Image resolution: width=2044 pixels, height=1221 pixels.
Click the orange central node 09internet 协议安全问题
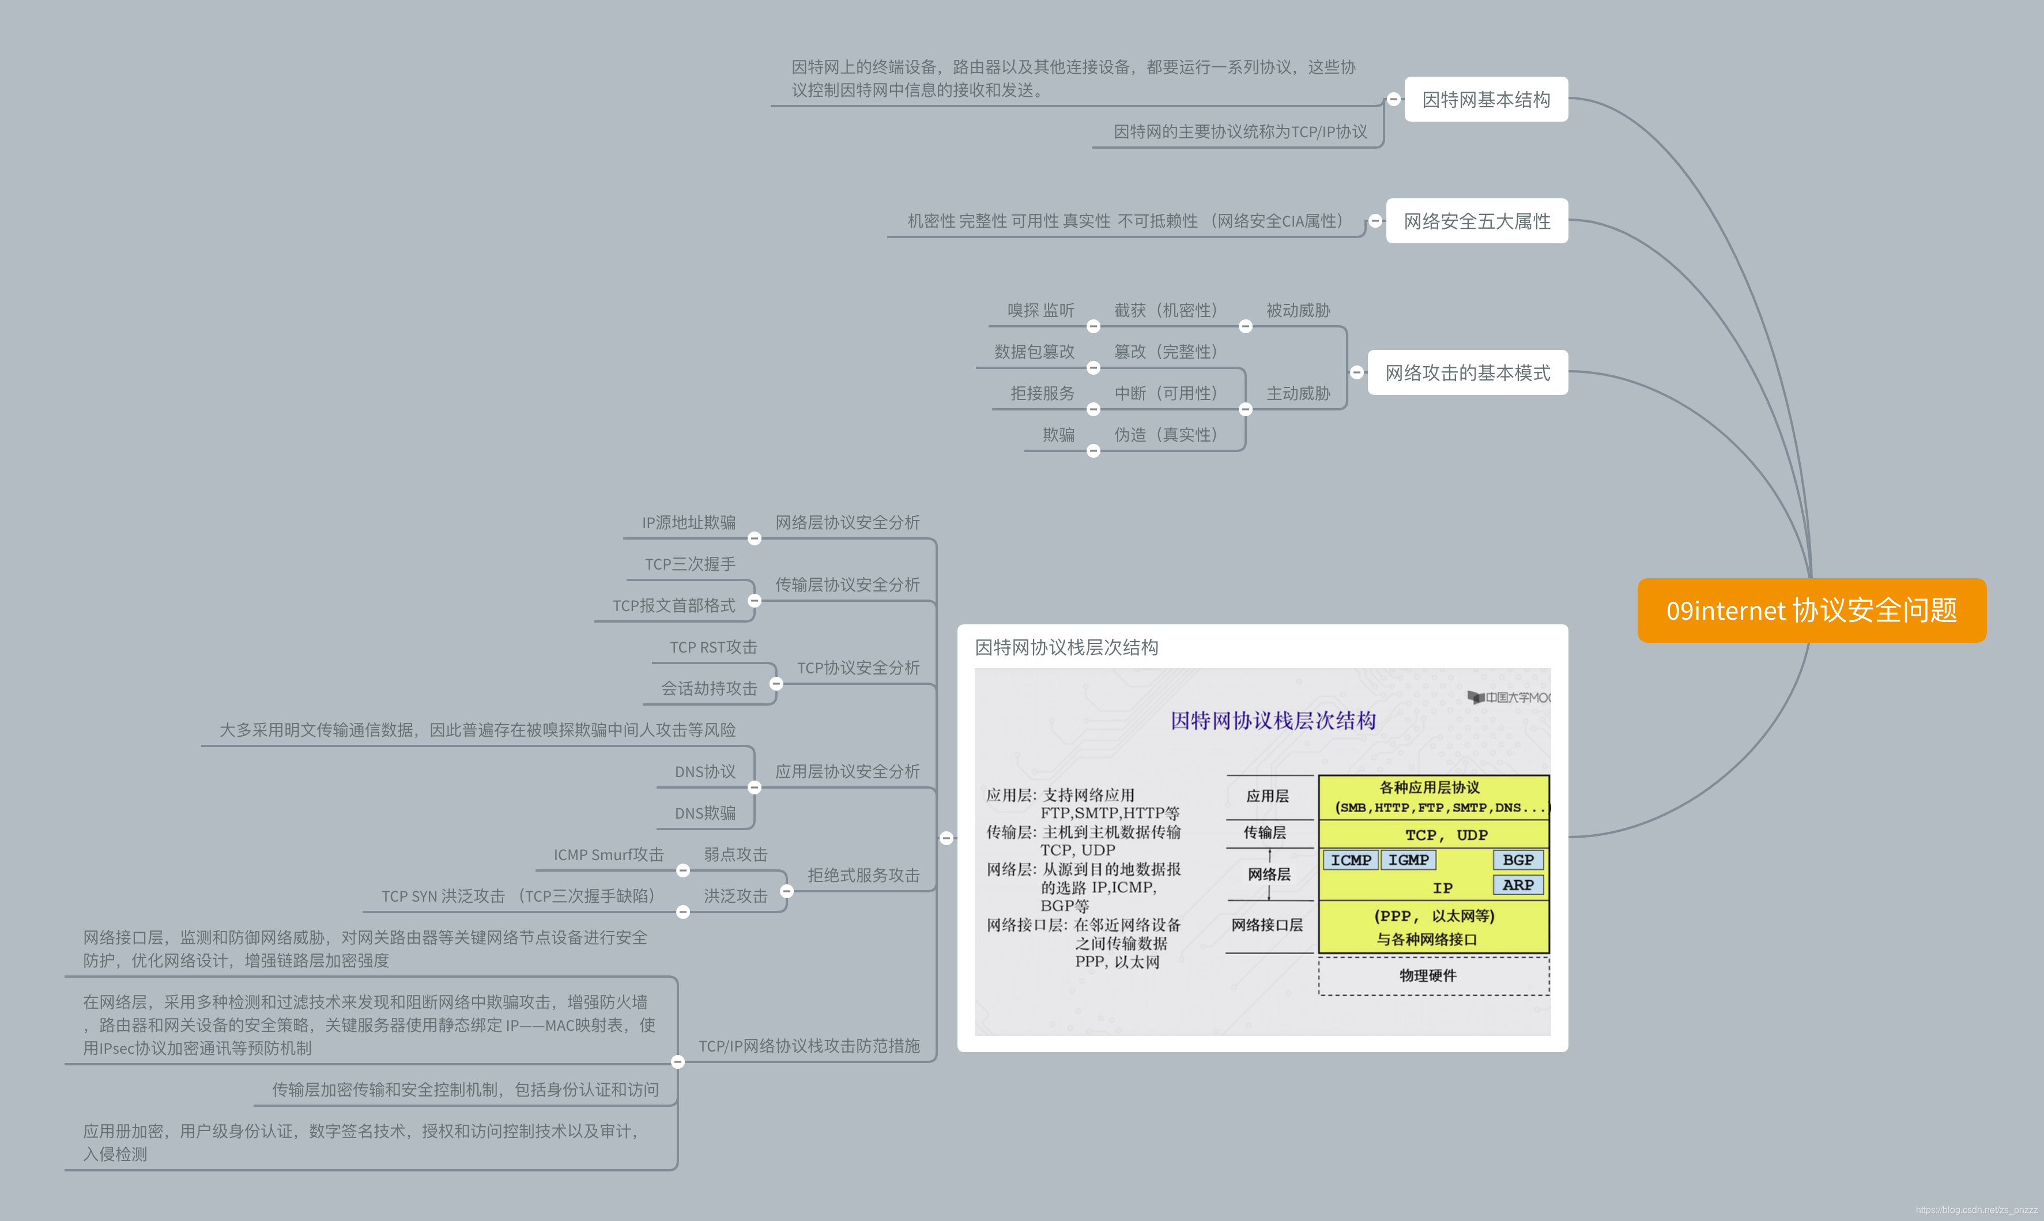[1811, 610]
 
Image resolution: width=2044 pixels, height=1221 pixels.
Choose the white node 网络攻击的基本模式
[1468, 373]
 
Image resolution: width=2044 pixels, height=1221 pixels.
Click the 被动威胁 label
[1298, 310]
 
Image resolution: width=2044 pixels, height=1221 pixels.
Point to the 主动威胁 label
[1298, 393]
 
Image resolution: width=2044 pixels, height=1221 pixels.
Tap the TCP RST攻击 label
[713, 647]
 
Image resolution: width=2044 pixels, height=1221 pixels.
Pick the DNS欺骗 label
[705, 813]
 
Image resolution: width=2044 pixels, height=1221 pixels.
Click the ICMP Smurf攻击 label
[608, 855]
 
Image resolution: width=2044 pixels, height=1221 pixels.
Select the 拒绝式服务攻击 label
[863, 876]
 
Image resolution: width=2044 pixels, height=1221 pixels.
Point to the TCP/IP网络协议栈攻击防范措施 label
[809, 1046]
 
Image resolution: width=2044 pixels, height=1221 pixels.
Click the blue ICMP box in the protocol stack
[1351, 860]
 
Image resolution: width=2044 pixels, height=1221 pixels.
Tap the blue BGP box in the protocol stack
[1518, 860]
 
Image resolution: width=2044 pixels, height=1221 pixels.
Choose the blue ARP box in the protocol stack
[1518, 885]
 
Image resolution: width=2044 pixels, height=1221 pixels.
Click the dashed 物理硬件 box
[1433, 976]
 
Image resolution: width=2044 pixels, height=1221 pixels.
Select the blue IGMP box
[1408, 860]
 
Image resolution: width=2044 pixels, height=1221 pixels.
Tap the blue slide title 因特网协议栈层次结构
[1273, 721]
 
